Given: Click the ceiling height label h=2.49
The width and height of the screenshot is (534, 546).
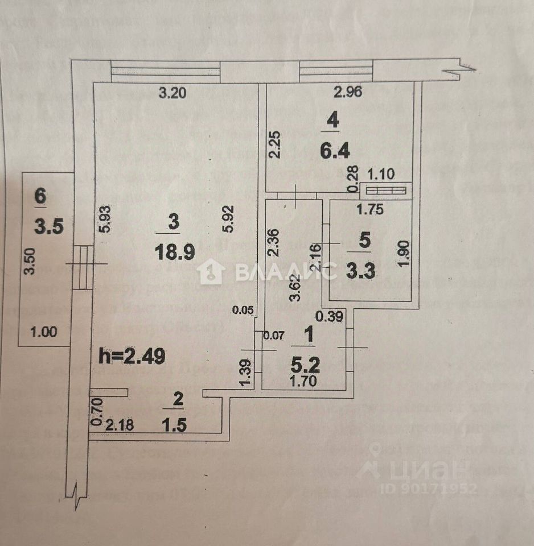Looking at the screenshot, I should [132, 357].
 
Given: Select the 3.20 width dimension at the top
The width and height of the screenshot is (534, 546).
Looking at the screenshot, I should [172, 94].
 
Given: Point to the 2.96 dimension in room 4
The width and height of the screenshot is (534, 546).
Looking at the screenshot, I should [348, 93].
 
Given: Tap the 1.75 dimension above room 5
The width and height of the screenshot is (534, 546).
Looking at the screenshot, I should [370, 209].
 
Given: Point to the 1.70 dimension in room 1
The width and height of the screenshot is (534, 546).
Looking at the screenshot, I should [303, 382].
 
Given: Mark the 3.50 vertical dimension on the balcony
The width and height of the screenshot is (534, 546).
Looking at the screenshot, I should [32, 261].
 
